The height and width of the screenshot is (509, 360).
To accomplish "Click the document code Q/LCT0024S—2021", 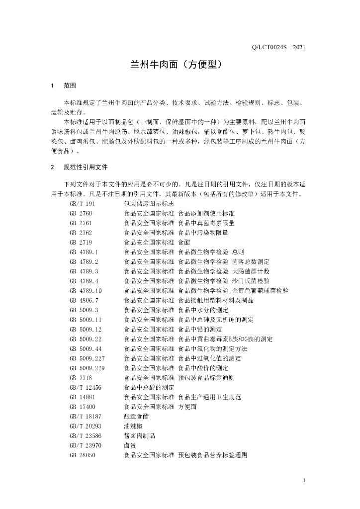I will pos(278,48).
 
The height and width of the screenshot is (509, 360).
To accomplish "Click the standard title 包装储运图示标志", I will pos(149,204).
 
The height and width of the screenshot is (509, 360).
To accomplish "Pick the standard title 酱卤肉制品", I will pos(139,435).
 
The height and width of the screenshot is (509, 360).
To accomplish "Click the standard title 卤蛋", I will pos(130,445).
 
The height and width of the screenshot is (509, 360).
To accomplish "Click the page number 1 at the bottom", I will pos(304,481).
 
